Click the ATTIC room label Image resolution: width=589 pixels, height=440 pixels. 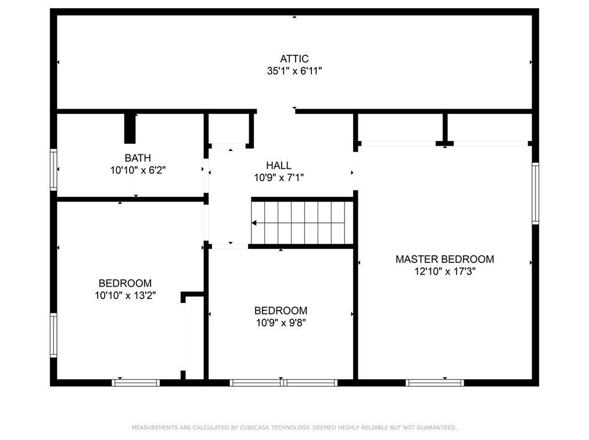pos(294,59)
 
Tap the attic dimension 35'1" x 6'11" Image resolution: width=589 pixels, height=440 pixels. pos(294,71)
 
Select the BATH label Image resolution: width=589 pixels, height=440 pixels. pos(138,158)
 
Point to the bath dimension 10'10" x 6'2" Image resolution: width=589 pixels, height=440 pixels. pos(138,171)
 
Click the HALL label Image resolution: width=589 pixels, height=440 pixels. pos(279,166)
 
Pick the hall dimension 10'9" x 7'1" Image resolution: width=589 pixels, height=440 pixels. pos(279,178)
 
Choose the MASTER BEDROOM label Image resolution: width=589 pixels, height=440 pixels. pos(444,259)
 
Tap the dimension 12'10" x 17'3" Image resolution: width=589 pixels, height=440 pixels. pos(444,271)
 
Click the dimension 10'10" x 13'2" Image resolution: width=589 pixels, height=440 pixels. pos(125,295)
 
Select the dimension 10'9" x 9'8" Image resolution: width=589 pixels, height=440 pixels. pos(281,323)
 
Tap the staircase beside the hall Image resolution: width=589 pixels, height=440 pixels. pos(302,222)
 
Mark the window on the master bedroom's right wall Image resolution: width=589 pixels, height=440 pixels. pos(535,193)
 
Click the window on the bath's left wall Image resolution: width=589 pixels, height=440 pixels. pos(53,169)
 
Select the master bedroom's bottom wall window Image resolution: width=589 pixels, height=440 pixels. pos(434,383)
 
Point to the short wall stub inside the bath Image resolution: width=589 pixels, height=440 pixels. pos(130,128)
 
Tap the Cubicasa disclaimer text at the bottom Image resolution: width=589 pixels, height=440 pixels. pos(294,428)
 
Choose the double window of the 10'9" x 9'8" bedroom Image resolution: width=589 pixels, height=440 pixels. pos(283,383)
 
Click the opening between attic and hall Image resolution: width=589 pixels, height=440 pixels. pos(276,111)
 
